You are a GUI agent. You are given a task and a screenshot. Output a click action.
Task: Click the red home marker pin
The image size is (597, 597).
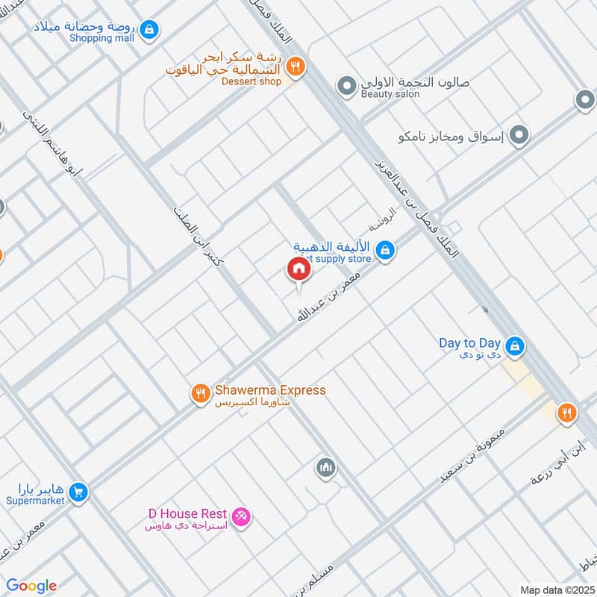[298, 269]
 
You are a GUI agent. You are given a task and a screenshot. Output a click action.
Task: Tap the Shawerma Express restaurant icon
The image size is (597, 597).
[200, 393]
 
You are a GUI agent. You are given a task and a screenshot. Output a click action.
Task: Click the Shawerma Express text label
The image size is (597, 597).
[270, 390]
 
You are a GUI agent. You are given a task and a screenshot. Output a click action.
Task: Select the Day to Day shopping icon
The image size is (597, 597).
[514, 346]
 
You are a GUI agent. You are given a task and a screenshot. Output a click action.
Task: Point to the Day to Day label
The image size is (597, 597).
[469, 343]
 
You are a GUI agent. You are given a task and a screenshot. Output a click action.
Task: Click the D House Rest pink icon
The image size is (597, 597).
[240, 516]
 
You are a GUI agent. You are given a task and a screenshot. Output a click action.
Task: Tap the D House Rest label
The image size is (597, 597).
[183, 513]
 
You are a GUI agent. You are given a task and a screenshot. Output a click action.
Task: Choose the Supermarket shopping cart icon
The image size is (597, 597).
[78, 493]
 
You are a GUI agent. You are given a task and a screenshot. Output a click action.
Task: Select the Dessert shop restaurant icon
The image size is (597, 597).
[296, 67]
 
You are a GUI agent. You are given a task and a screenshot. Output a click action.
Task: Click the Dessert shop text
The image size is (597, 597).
[251, 81]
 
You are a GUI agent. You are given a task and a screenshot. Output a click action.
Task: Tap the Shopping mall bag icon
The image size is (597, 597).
[149, 29]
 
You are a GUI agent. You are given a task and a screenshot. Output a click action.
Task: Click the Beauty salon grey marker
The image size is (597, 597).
[346, 87]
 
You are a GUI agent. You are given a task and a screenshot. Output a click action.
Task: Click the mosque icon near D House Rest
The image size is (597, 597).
[325, 468]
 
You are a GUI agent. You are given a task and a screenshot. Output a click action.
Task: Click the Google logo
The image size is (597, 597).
[31, 586]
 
